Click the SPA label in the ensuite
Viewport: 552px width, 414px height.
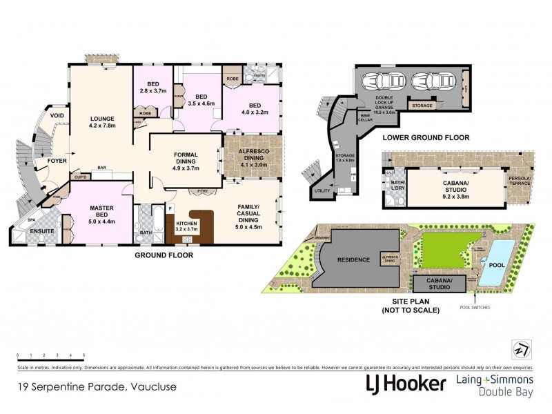click(30, 220)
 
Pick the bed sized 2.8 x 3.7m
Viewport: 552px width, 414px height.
click(152, 87)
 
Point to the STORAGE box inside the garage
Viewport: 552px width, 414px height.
click(422, 106)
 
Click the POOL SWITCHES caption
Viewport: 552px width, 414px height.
click(475, 307)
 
